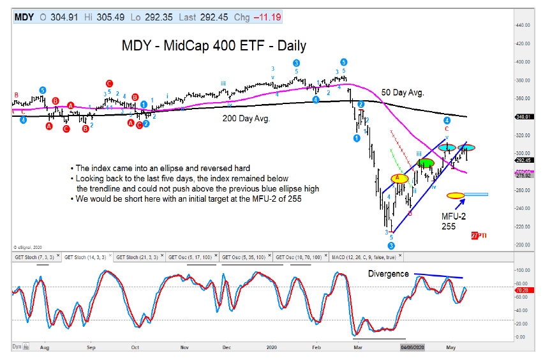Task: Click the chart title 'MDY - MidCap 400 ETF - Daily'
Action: pyautogui.click(x=214, y=45)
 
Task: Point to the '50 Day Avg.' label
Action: pyautogui.click(x=403, y=93)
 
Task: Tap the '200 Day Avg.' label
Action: pyautogui.click(x=246, y=118)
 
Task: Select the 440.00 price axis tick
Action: pyautogui.click(x=523, y=25)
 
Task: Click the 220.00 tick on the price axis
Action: pyautogui.click(x=523, y=226)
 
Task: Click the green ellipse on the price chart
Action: pyautogui.click(x=426, y=163)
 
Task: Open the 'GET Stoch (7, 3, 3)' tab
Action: pyautogui.click(x=35, y=257)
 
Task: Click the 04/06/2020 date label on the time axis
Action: pyautogui.click(x=412, y=349)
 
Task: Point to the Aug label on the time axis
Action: pyautogui.click(x=44, y=349)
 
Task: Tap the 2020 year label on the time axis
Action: pyautogui.click(x=271, y=349)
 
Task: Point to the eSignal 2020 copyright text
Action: pyautogui.click(x=28, y=246)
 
